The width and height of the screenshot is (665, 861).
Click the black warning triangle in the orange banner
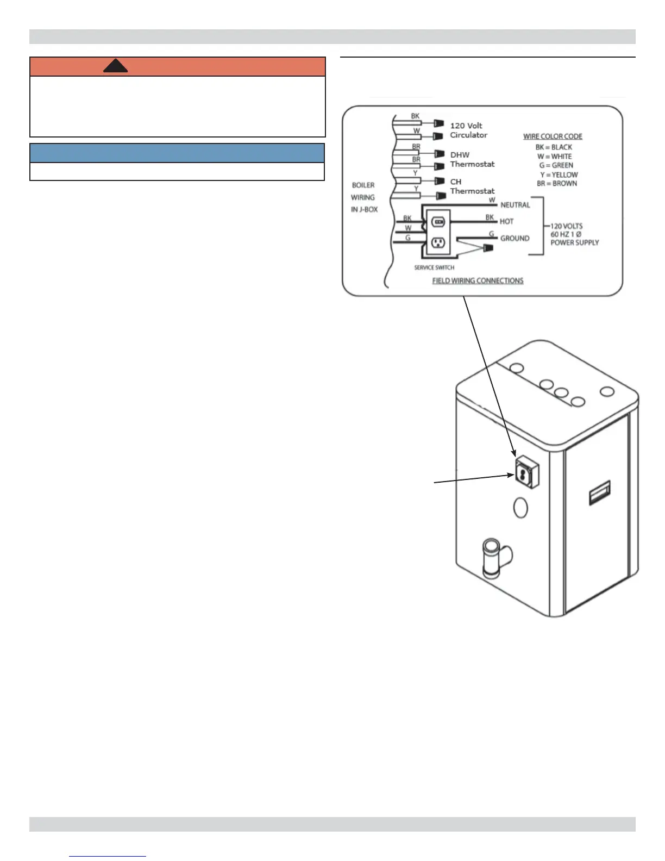pyautogui.click(x=115, y=66)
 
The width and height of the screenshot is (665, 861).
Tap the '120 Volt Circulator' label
pyautogui.click(x=468, y=130)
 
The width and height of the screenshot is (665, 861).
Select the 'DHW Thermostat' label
pyautogui.click(x=472, y=159)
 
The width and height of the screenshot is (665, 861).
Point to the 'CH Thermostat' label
pyautogui.click(x=472, y=186)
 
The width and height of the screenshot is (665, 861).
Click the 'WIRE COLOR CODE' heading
pyautogui.click(x=553, y=136)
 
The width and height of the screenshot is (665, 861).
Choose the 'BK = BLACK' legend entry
pyautogui.click(x=554, y=147)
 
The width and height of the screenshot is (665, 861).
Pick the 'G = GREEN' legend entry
pyautogui.click(x=556, y=165)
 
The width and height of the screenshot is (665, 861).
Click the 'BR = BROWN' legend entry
pyautogui.click(x=557, y=184)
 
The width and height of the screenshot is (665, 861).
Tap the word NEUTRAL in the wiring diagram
pyautogui.click(x=515, y=205)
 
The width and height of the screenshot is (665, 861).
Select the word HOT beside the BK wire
pyautogui.click(x=506, y=222)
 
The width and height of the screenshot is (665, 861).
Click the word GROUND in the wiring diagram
pyautogui.click(x=515, y=239)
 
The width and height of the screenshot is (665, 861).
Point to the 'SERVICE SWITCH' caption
pyautogui.click(x=434, y=267)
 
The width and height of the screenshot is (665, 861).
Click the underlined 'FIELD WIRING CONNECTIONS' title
pyautogui.click(x=478, y=281)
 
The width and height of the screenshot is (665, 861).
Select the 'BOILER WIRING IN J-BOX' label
pyautogui.click(x=364, y=197)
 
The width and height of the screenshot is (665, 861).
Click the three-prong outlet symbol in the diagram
pyautogui.click(x=438, y=242)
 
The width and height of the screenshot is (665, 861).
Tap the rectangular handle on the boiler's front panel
pyautogui.click(x=600, y=492)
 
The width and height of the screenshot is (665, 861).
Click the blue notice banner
pyautogui.click(x=177, y=153)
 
